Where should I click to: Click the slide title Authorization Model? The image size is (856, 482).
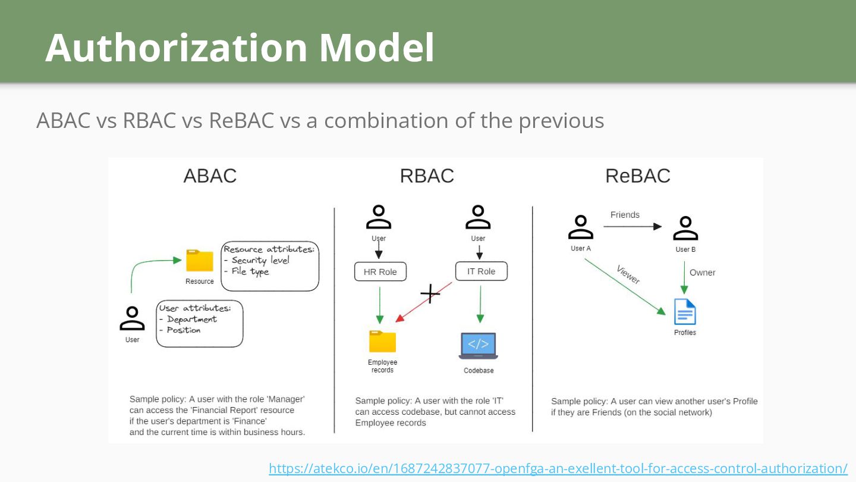tap(240, 48)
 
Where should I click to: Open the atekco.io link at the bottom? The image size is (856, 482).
tap(558, 468)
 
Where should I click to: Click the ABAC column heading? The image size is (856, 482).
tap(210, 176)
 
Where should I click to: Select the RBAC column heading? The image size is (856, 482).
tap(427, 176)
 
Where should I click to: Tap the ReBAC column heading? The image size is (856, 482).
tap(638, 176)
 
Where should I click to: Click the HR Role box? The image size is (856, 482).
tap(380, 272)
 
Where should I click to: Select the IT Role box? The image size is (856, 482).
tap(481, 271)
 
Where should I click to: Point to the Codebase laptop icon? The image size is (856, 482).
tap(479, 346)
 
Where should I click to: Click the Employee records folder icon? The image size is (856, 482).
tap(382, 342)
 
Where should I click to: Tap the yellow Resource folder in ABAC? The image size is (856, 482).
tap(200, 261)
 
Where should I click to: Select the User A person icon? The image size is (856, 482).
tap(581, 227)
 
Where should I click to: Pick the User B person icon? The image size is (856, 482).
tap(685, 229)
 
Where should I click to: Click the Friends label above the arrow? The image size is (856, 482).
tap(625, 215)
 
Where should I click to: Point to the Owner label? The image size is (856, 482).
tap(702, 273)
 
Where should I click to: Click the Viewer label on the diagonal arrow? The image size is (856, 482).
tap(628, 274)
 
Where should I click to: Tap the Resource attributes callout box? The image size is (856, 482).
tap(270, 266)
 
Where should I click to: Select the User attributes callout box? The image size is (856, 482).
tap(200, 324)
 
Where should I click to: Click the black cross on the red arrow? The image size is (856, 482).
tap(430, 293)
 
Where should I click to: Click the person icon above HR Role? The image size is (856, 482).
tap(379, 217)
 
